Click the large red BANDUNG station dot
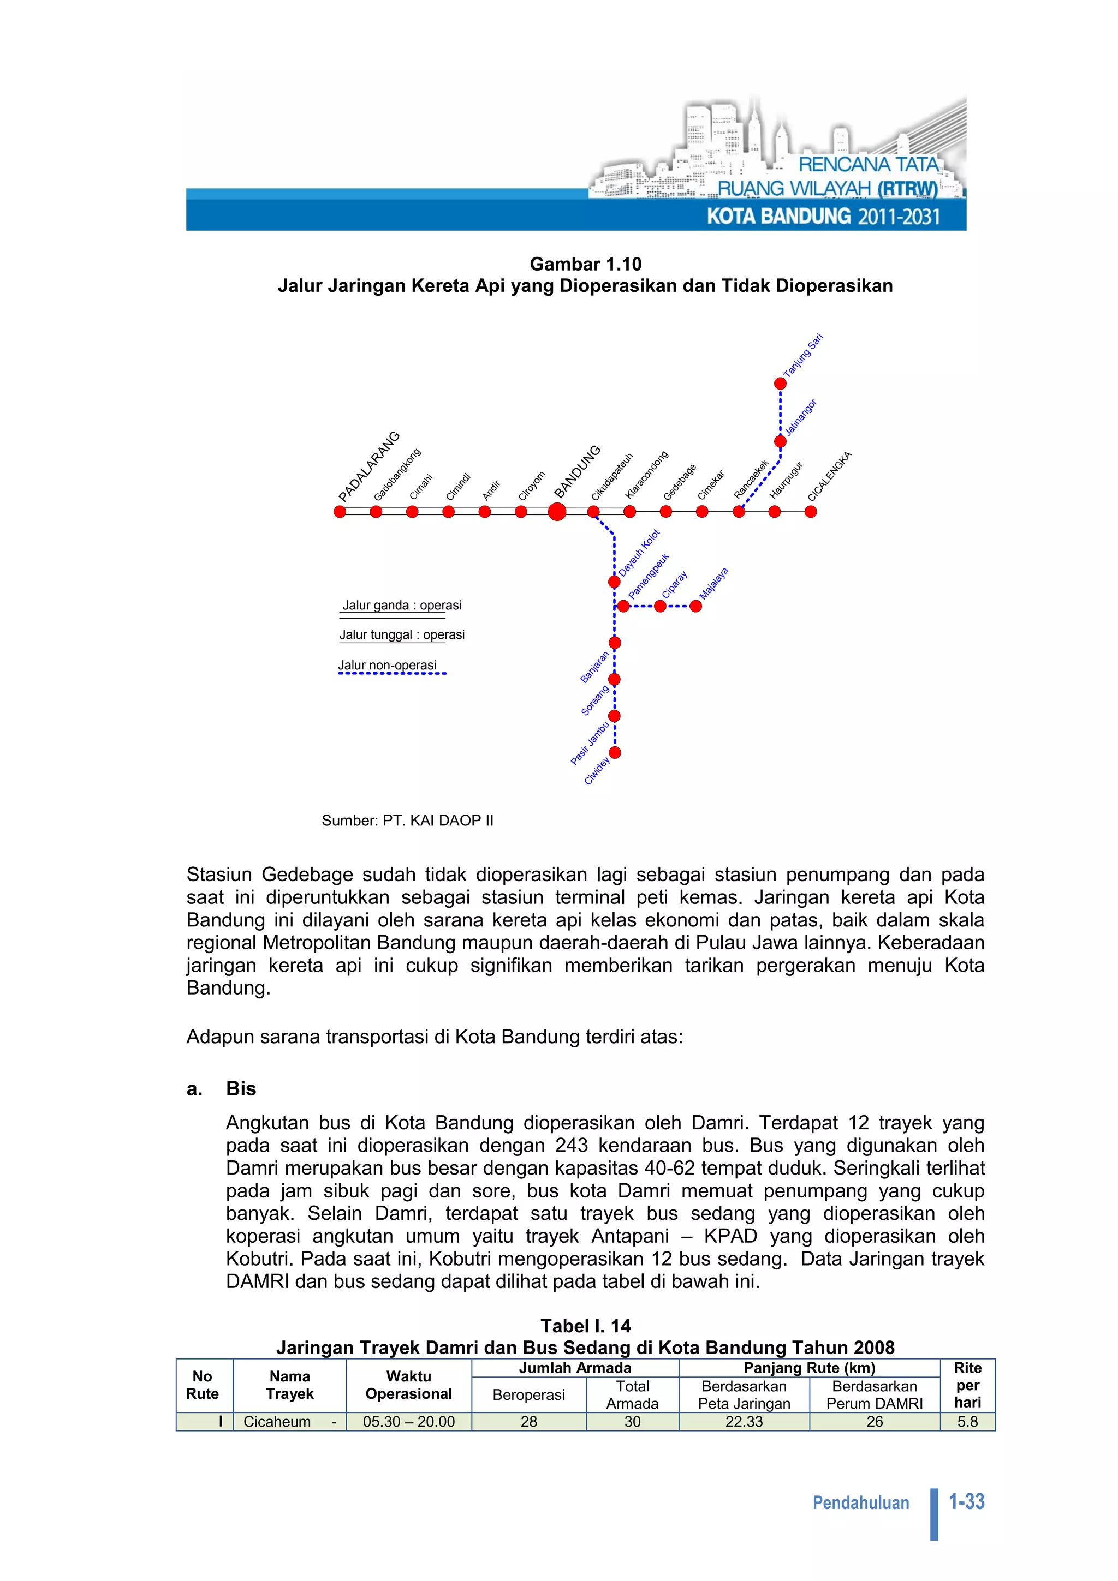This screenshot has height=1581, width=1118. pyautogui.click(x=557, y=512)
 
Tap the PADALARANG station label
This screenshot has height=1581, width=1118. pyautogui.click(x=368, y=467)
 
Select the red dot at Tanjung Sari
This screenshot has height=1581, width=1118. pyautogui.click(x=780, y=384)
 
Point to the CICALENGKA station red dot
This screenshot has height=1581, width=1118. pyautogui.click(x=811, y=512)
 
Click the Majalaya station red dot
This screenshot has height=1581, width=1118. pyautogui.click(x=695, y=606)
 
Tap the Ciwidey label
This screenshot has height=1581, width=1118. pyautogui.click(x=597, y=770)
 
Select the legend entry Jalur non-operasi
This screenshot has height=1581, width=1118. pyautogui.click(x=387, y=665)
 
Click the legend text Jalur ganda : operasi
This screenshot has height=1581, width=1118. pyautogui.click(x=402, y=605)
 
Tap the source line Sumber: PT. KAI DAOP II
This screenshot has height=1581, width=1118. pyautogui.click(x=407, y=820)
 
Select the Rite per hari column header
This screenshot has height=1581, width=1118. pyautogui.click(x=967, y=1385)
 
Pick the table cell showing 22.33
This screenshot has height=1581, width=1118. pyautogui.click(x=744, y=1421)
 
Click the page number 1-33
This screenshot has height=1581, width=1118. pyautogui.click(x=966, y=1501)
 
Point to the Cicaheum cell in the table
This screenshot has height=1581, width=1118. pyautogui.click(x=277, y=1421)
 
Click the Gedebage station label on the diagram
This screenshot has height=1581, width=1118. pyautogui.click(x=679, y=483)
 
